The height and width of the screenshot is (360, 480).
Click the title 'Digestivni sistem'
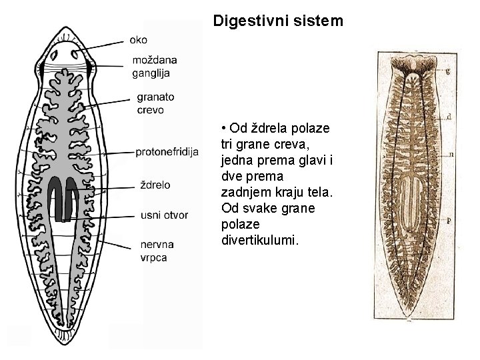point(278,21)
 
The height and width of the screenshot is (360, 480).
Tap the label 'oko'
point(139,40)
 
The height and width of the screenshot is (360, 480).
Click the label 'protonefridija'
point(167,152)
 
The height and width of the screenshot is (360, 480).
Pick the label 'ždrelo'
point(155,184)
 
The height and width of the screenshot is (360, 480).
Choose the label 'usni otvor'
point(164,215)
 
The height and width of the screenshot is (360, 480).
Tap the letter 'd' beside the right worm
point(449,116)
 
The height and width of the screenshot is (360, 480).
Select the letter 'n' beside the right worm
point(452,153)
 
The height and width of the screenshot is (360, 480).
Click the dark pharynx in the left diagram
point(65,200)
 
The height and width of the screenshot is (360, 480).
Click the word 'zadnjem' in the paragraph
point(244,192)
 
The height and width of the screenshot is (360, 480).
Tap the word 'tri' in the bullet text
point(227,143)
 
